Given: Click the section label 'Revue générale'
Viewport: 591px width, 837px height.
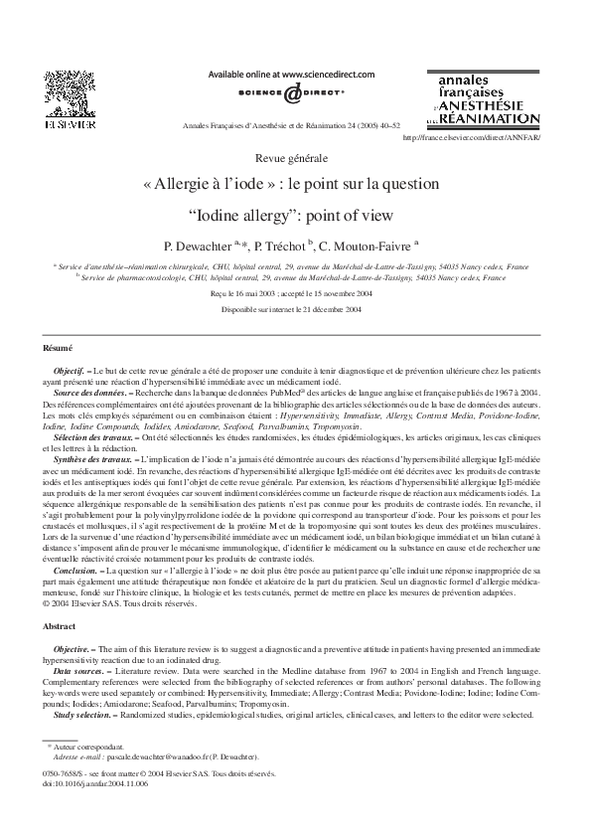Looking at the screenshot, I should (x=295, y=159).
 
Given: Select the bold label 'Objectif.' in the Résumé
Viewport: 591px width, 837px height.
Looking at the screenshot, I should (x=71, y=369).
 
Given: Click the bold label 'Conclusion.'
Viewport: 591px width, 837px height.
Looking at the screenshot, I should (x=76, y=573).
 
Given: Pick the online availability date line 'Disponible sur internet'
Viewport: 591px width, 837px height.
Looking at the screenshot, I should (x=295, y=310).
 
